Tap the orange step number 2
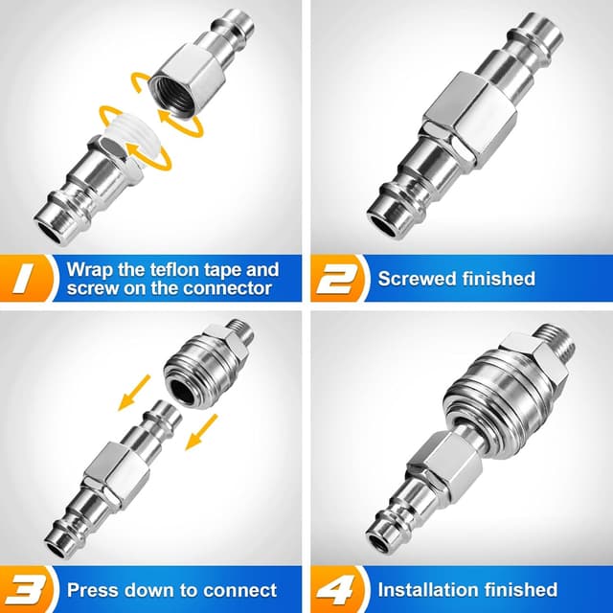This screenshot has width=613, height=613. (x=337, y=279)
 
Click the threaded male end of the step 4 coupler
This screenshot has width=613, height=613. (x=556, y=342)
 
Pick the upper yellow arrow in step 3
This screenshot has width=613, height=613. (x=134, y=393)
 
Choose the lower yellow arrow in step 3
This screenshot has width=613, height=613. (x=201, y=432)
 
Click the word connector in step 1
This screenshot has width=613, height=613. (x=227, y=288)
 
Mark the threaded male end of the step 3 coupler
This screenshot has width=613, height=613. (x=240, y=337)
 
